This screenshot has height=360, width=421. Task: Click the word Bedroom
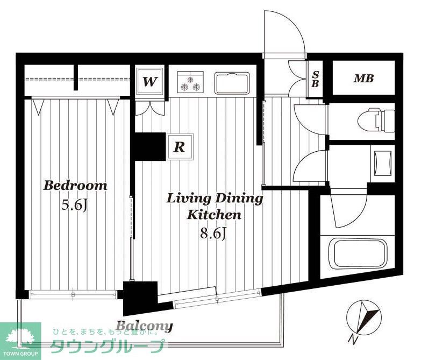pos(75,186)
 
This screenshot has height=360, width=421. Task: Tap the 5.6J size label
pos(74,205)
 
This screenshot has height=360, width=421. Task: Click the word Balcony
pos(144,326)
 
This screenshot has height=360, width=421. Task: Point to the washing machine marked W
pos(149,81)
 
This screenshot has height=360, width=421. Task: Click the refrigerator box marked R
pos(180,147)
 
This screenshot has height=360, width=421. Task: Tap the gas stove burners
pos(190,82)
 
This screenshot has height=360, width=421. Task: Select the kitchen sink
pos(232,83)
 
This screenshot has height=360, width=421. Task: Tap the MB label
pos(364,78)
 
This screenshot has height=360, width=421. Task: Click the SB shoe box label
pos(315,79)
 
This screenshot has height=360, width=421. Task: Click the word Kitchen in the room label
pos(214,215)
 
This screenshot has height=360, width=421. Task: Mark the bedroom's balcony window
pos(73,294)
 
